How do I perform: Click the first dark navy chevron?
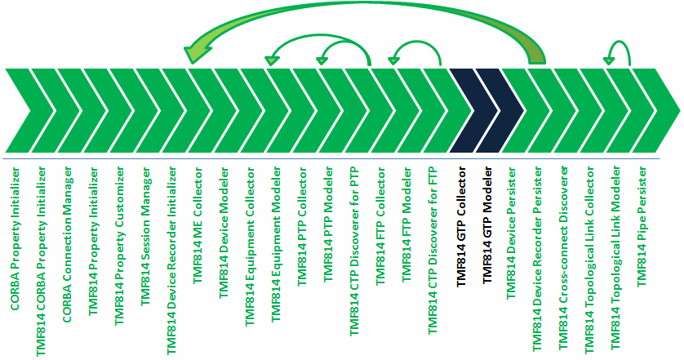point(472,109)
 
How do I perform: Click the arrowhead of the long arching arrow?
point(196,55)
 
